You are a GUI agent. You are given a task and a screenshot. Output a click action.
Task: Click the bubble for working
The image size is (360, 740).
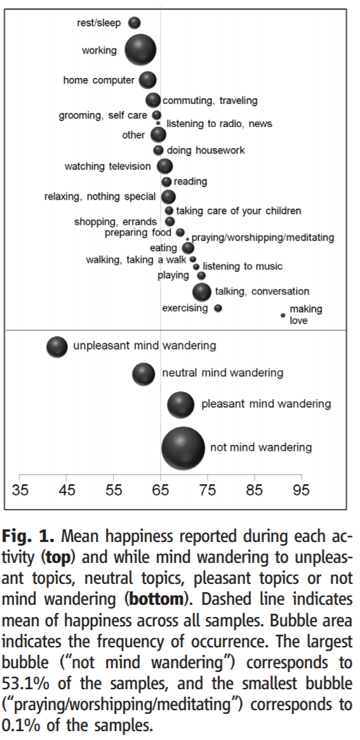click(x=140, y=50)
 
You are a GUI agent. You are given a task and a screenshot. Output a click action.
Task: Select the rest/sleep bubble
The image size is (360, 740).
click(x=134, y=23)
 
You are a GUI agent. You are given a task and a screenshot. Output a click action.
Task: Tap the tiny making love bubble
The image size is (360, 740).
click(x=283, y=315)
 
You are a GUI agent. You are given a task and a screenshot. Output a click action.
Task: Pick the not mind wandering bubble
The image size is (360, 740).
click(x=183, y=447)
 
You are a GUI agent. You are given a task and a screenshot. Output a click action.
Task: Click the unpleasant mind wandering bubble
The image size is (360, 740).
click(x=57, y=347)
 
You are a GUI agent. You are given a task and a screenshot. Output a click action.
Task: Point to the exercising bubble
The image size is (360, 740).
click(x=218, y=308)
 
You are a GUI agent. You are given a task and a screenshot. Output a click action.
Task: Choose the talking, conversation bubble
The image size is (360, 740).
click(x=201, y=291)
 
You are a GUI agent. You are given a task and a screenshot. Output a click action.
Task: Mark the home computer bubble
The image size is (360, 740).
click(x=147, y=80)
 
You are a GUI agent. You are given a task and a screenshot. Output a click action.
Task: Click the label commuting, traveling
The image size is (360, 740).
click(x=210, y=100)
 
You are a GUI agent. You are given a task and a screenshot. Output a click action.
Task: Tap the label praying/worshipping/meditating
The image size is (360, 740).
click(x=262, y=237)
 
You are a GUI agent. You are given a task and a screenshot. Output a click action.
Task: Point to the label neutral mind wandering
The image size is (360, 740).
click(x=222, y=373)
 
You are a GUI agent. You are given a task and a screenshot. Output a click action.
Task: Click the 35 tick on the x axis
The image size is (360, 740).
click(x=20, y=489)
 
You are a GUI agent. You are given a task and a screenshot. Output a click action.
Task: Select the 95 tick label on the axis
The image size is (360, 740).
click(x=301, y=489)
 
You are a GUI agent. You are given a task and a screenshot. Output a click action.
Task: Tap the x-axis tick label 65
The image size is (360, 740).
click(x=161, y=489)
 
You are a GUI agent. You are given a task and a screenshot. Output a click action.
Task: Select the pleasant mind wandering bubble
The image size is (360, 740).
click(x=180, y=404)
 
